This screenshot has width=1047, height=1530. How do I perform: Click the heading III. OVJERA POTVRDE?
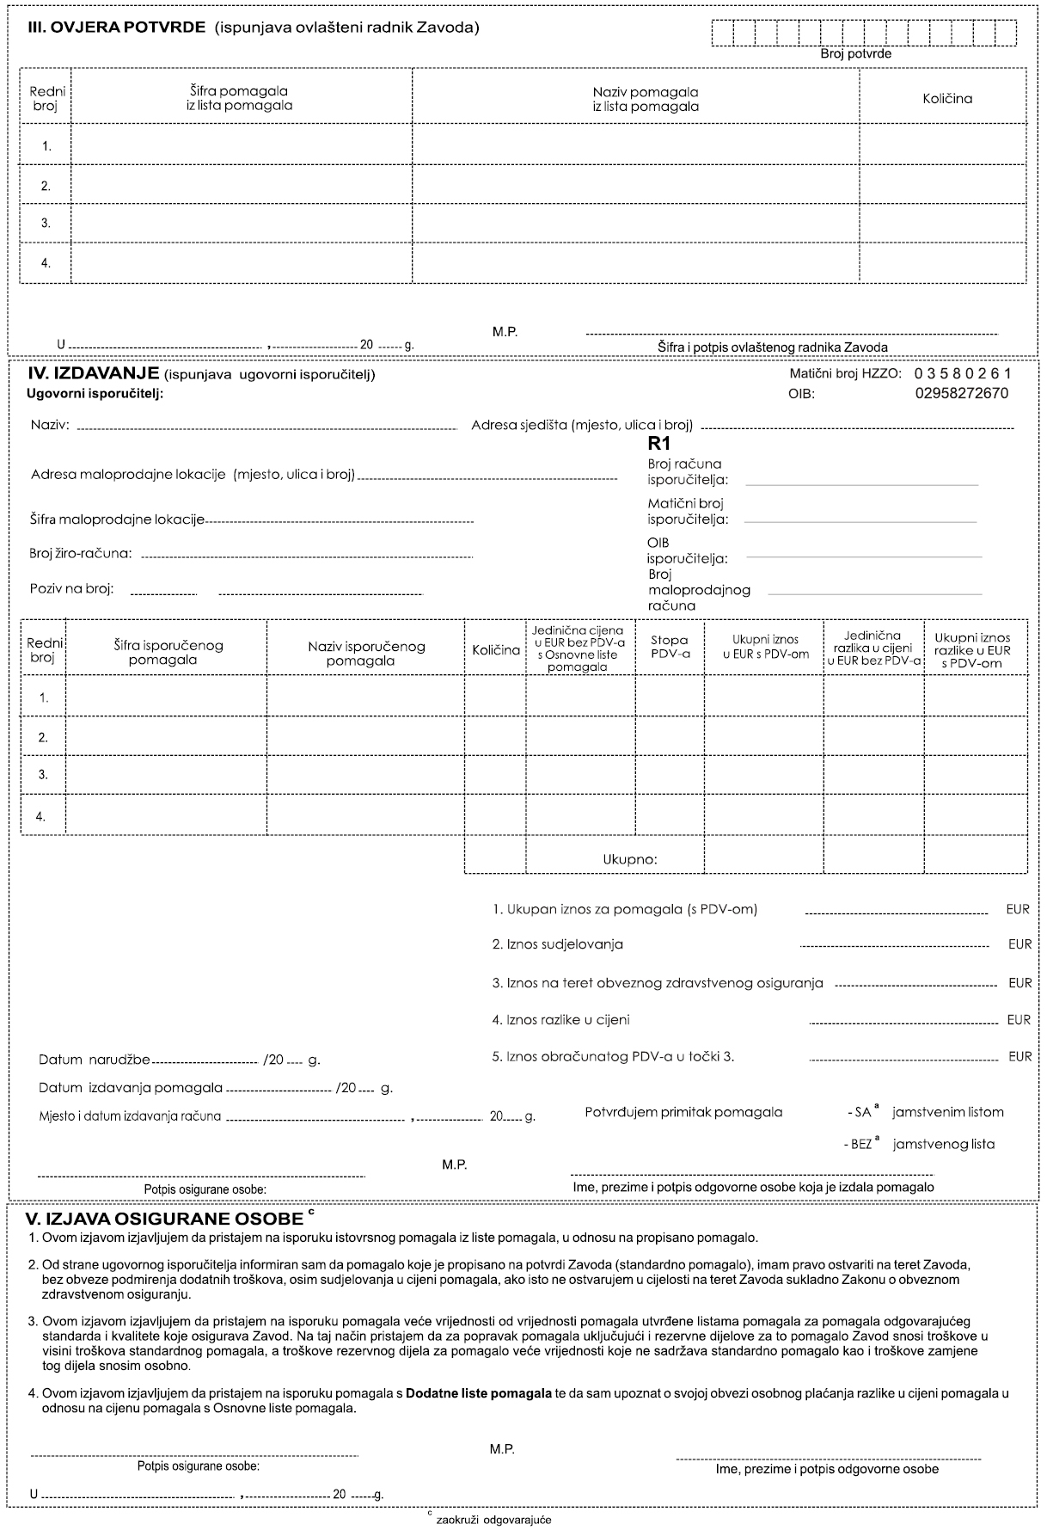pos(117,28)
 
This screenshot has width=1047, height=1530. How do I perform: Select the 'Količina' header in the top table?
pos(946,98)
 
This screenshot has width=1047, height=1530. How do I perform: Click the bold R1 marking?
pos(658,445)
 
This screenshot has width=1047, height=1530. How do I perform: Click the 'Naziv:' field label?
pos(51,425)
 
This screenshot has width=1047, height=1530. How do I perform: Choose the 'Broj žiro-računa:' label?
pos(81,553)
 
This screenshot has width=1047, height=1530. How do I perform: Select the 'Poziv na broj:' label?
pos(72,589)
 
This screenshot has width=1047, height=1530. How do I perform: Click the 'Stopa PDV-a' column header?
pos(670,647)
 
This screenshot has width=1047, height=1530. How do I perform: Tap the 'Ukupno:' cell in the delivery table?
pos(629,858)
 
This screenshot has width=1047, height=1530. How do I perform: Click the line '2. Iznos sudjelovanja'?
pos(557,944)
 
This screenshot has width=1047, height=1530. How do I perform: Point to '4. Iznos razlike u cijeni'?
pos(560,1020)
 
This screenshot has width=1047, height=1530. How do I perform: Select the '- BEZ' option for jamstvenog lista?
pos(858,1145)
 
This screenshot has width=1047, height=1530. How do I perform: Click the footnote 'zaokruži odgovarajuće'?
pos(493,1520)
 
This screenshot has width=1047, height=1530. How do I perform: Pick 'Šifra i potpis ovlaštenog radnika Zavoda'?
pos(772,347)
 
